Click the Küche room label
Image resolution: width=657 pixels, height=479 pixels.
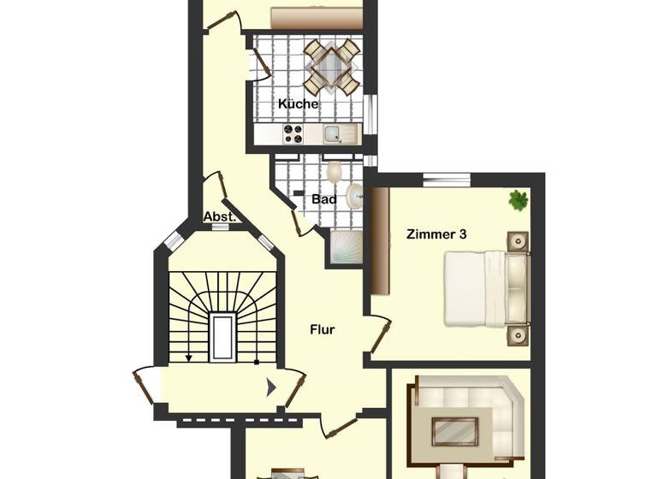(x=298, y=104)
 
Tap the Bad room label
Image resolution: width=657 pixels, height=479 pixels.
(x=323, y=199)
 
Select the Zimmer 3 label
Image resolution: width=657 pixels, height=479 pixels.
(x=436, y=233)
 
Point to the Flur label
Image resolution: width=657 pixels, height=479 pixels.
(x=322, y=328)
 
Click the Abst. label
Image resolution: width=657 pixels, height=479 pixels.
(x=218, y=217)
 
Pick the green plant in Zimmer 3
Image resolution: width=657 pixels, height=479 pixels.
(x=518, y=200)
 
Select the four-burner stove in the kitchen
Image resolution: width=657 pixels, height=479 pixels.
(x=293, y=133)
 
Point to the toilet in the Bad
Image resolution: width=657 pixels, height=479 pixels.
(x=334, y=172)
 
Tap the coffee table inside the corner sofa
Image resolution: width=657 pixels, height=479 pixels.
(x=454, y=430)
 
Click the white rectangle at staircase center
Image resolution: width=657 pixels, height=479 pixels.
(x=222, y=337)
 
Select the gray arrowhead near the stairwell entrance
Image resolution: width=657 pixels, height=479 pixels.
(x=272, y=387)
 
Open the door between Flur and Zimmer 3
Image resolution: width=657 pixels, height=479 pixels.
(x=379, y=335)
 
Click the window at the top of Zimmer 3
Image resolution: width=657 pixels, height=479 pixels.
(x=446, y=179)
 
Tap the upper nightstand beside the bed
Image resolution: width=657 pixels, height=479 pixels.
(x=518, y=241)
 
